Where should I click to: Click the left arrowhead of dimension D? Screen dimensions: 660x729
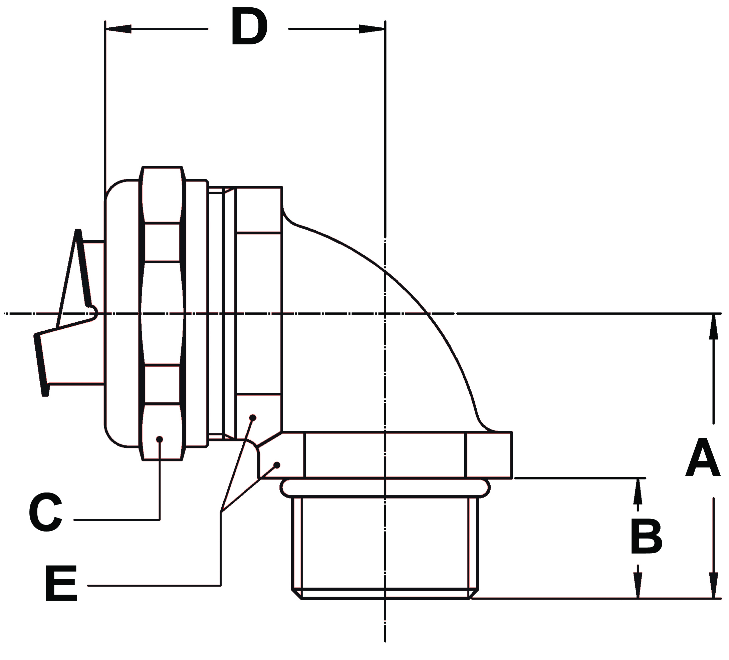118,29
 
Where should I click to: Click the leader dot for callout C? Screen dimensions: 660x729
160,439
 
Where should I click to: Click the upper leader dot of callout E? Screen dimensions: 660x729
253,417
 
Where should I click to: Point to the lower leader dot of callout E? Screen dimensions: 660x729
277,464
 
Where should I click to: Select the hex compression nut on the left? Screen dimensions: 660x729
162,313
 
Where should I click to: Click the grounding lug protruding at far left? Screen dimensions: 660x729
69,325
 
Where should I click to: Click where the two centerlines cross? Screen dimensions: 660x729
385,313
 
